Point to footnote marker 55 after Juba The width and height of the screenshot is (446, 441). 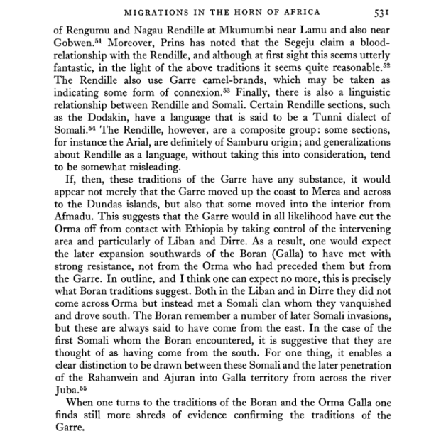(x=80, y=388)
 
